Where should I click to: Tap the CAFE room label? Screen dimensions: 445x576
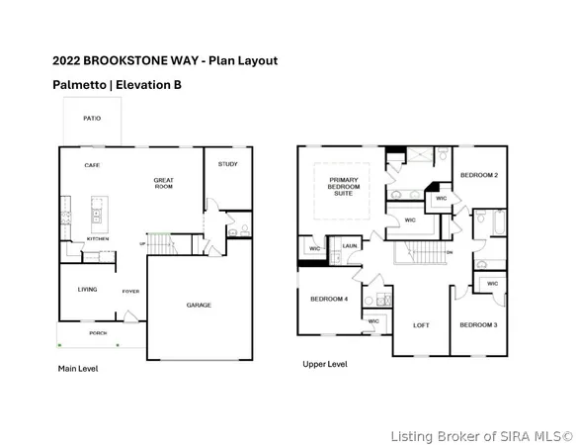(x=93, y=165)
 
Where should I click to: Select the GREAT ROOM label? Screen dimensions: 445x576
(x=164, y=184)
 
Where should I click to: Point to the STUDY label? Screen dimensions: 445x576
(x=227, y=164)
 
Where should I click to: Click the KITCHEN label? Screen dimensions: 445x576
(x=98, y=239)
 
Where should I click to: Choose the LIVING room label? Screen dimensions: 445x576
(x=89, y=290)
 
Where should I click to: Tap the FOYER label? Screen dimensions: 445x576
(x=130, y=292)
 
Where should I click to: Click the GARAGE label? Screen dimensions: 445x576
(x=199, y=305)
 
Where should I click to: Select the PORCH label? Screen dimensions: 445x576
(x=98, y=333)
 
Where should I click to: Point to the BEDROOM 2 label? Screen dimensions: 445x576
(x=478, y=175)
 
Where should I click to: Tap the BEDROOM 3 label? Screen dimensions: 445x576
(x=477, y=324)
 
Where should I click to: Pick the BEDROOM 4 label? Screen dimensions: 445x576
(x=328, y=299)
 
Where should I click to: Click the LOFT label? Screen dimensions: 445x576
(x=421, y=324)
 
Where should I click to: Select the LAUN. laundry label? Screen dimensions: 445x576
(x=349, y=245)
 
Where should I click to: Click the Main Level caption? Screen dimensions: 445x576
(x=78, y=369)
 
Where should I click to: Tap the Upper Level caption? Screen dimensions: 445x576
(x=324, y=364)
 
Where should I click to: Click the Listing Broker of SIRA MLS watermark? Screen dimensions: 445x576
(x=480, y=435)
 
